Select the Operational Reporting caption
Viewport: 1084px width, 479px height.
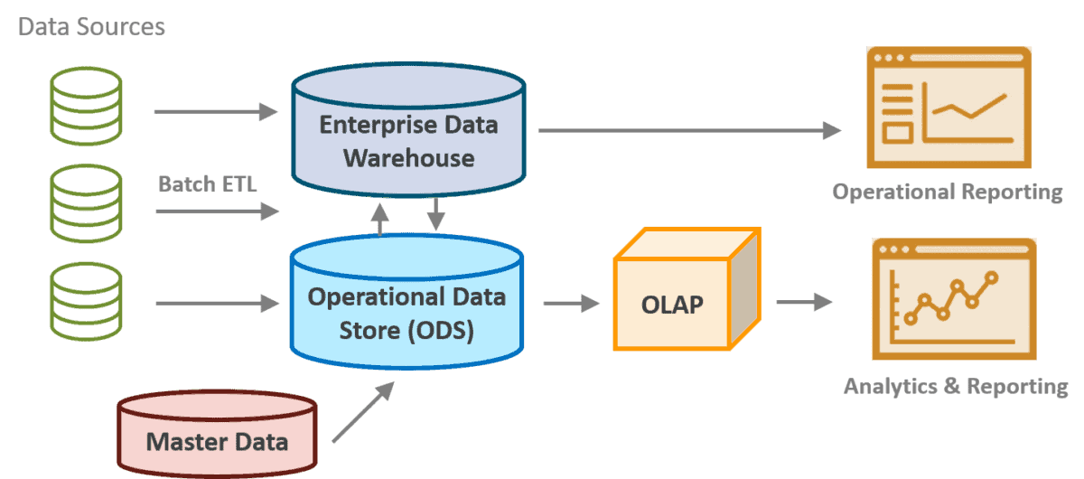[x=948, y=193]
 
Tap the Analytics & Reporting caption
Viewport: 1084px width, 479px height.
[x=956, y=387]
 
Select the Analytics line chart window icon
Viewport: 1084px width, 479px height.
[x=953, y=299]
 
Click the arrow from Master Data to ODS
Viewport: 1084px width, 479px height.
[x=363, y=412]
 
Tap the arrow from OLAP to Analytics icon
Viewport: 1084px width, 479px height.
[x=803, y=301]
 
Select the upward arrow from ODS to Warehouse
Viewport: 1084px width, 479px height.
[x=382, y=219]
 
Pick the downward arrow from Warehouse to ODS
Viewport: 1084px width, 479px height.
[x=435, y=213]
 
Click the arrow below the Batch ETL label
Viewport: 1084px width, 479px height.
[x=216, y=211]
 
